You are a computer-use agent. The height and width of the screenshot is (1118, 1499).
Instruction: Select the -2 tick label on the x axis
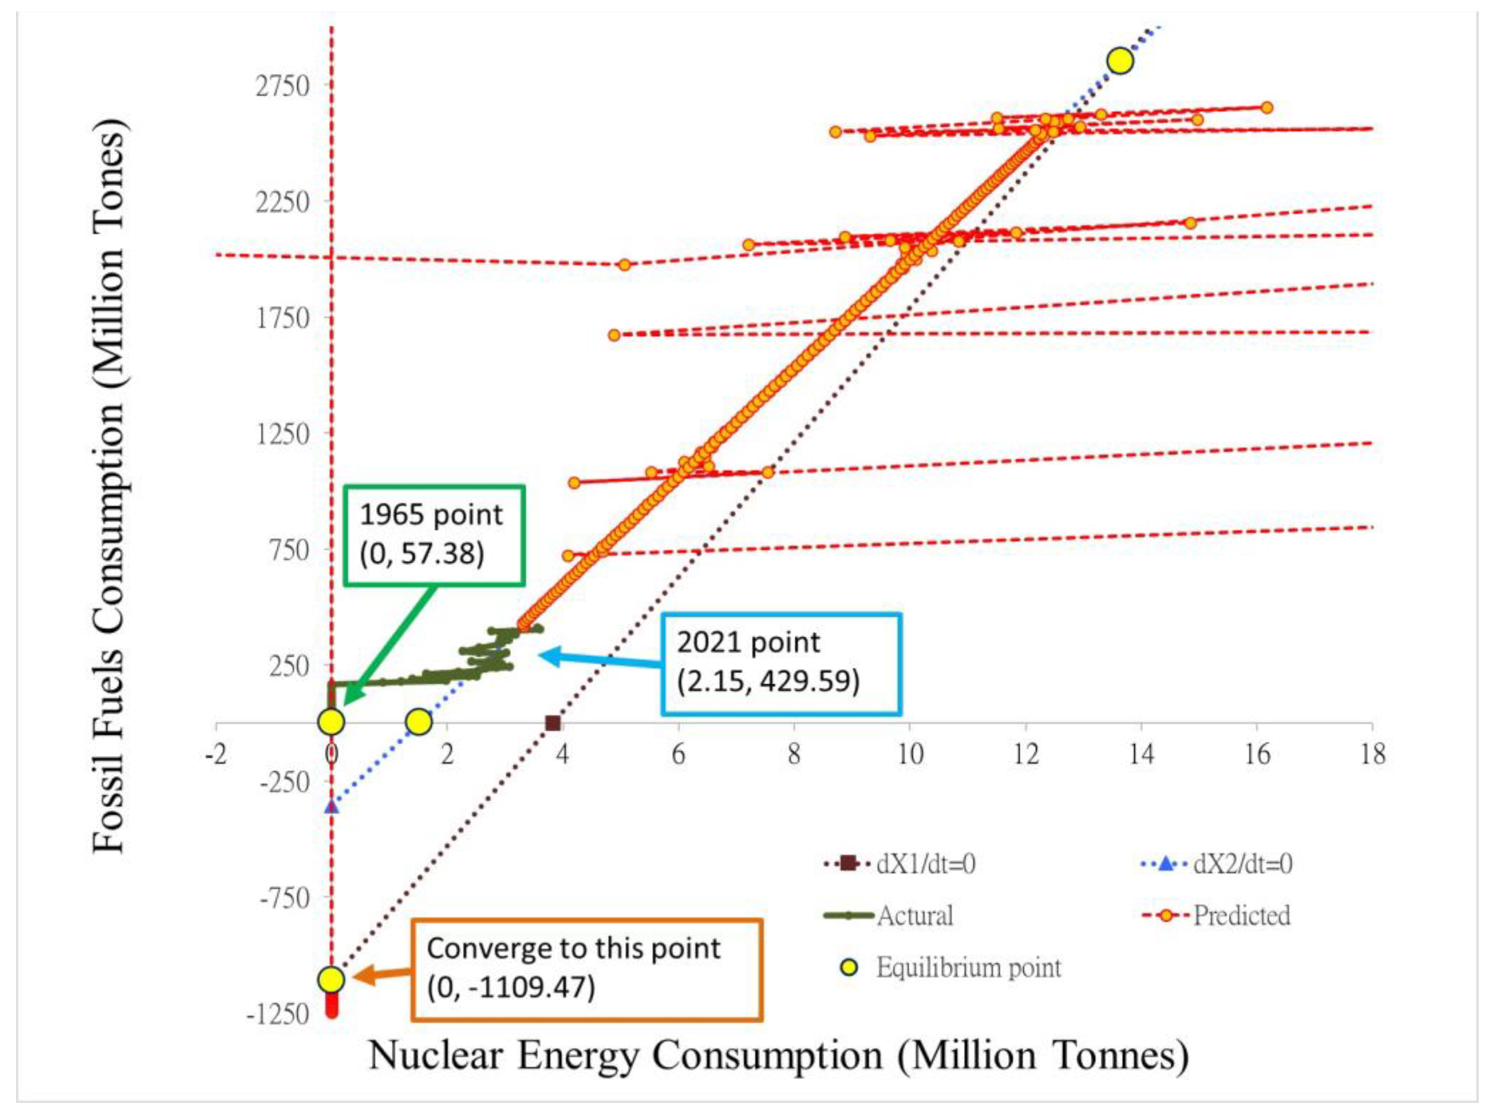[x=216, y=754]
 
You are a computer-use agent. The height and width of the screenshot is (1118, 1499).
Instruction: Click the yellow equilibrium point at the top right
[x=1120, y=61]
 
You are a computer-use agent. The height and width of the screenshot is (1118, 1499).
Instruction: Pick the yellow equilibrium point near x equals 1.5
[x=419, y=722]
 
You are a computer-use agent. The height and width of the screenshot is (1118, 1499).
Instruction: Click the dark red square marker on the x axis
[x=552, y=723]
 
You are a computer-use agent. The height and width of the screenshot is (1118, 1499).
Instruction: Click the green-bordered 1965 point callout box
[x=434, y=535]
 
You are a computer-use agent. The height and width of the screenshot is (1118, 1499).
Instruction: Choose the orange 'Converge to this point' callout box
[x=587, y=969]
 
